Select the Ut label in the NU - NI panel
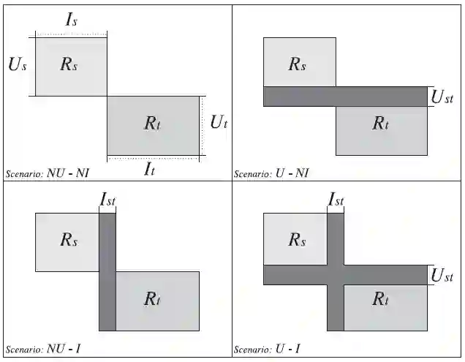[x=219, y=122]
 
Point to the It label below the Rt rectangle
[x=149, y=169]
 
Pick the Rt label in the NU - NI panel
[x=152, y=123]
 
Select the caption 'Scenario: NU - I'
[x=43, y=350]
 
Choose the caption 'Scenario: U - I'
[x=268, y=350]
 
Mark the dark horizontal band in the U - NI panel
[x=344, y=97]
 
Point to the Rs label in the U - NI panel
[x=297, y=64]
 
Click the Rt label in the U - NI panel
[x=380, y=123]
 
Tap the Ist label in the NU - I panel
[x=107, y=199]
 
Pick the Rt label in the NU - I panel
[x=152, y=298]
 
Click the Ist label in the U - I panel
[x=336, y=199]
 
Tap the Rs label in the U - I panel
[x=297, y=239]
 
